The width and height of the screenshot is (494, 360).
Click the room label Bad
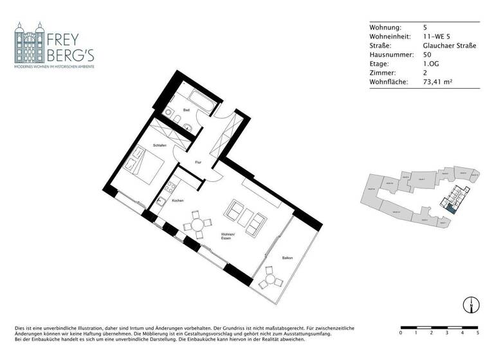point(187,110)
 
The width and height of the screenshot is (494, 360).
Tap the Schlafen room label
point(160,146)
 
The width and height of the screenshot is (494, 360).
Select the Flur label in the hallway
point(199,162)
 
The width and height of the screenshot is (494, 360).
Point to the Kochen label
point(178,201)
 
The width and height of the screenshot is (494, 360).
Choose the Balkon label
point(288,258)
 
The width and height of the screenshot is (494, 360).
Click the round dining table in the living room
point(196,225)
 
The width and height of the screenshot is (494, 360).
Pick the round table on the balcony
point(271,280)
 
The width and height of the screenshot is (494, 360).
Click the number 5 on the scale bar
point(477,333)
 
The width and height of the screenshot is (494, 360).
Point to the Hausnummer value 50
point(427,55)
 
